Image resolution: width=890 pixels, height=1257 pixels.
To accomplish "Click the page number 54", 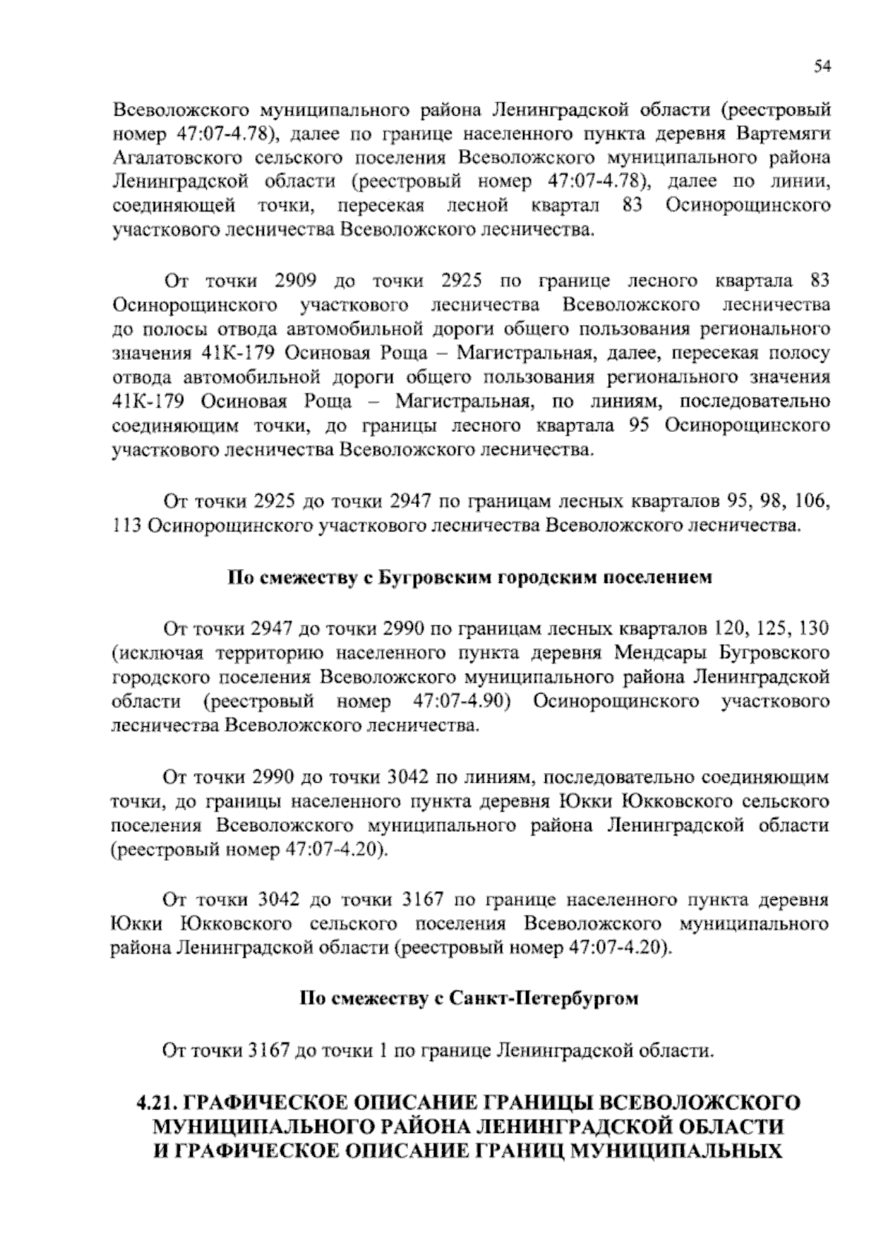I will point(820,67).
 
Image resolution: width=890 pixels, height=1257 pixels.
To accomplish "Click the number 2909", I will point(296,281).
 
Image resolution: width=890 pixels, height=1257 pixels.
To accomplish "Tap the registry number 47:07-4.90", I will point(459,701).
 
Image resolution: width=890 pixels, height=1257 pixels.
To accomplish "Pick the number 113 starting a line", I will point(125,526).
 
